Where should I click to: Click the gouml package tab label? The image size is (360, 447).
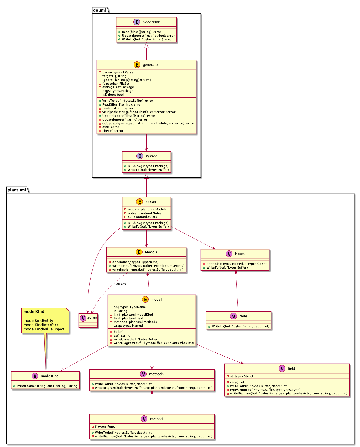pos(100,10)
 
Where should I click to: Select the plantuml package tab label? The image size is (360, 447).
pos(17,190)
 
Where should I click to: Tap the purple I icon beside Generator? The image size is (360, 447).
pos(137,22)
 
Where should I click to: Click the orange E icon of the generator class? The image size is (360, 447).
pos(137,65)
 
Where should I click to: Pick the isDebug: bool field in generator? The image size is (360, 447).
pos(113,95)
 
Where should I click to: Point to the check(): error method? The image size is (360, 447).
pos(112,131)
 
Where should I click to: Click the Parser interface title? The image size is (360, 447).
pos(151,156)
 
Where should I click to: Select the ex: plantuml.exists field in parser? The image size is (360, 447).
pos(142,217)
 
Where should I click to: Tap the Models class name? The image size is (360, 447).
pos(151,252)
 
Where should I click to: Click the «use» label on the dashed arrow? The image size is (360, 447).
pos(121,284)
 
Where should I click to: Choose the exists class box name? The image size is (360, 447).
pos(92,318)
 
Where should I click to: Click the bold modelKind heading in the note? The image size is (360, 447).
pos(34,312)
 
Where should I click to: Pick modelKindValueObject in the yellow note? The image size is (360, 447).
pos(44,329)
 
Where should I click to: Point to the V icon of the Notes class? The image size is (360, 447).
pos(229,254)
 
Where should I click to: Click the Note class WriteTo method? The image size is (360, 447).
pos(240,326)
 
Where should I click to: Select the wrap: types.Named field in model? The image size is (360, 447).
pos(128,326)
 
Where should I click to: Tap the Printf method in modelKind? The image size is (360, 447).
pos(47,386)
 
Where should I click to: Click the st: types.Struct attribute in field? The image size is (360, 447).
pos(241,376)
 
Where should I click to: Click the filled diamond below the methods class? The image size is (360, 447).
pos(152,392)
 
